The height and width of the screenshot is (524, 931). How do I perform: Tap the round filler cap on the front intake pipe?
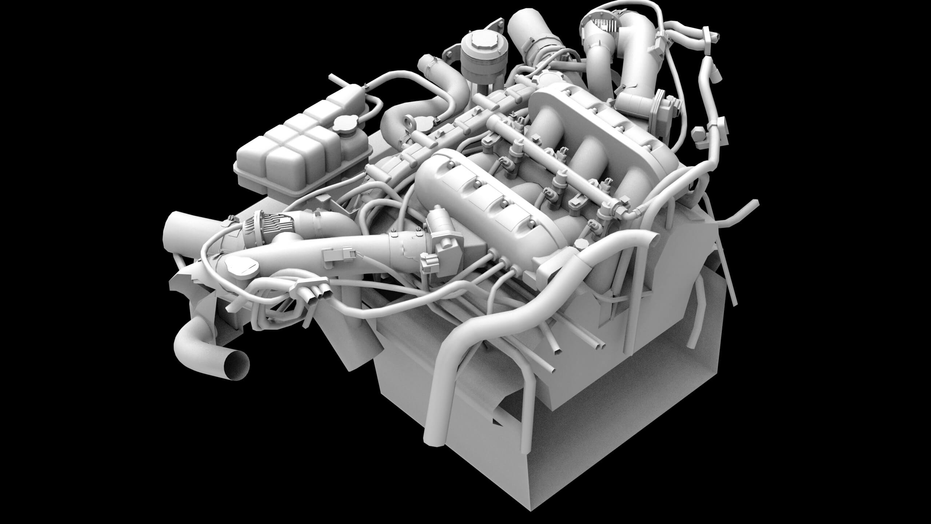[240, 265]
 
